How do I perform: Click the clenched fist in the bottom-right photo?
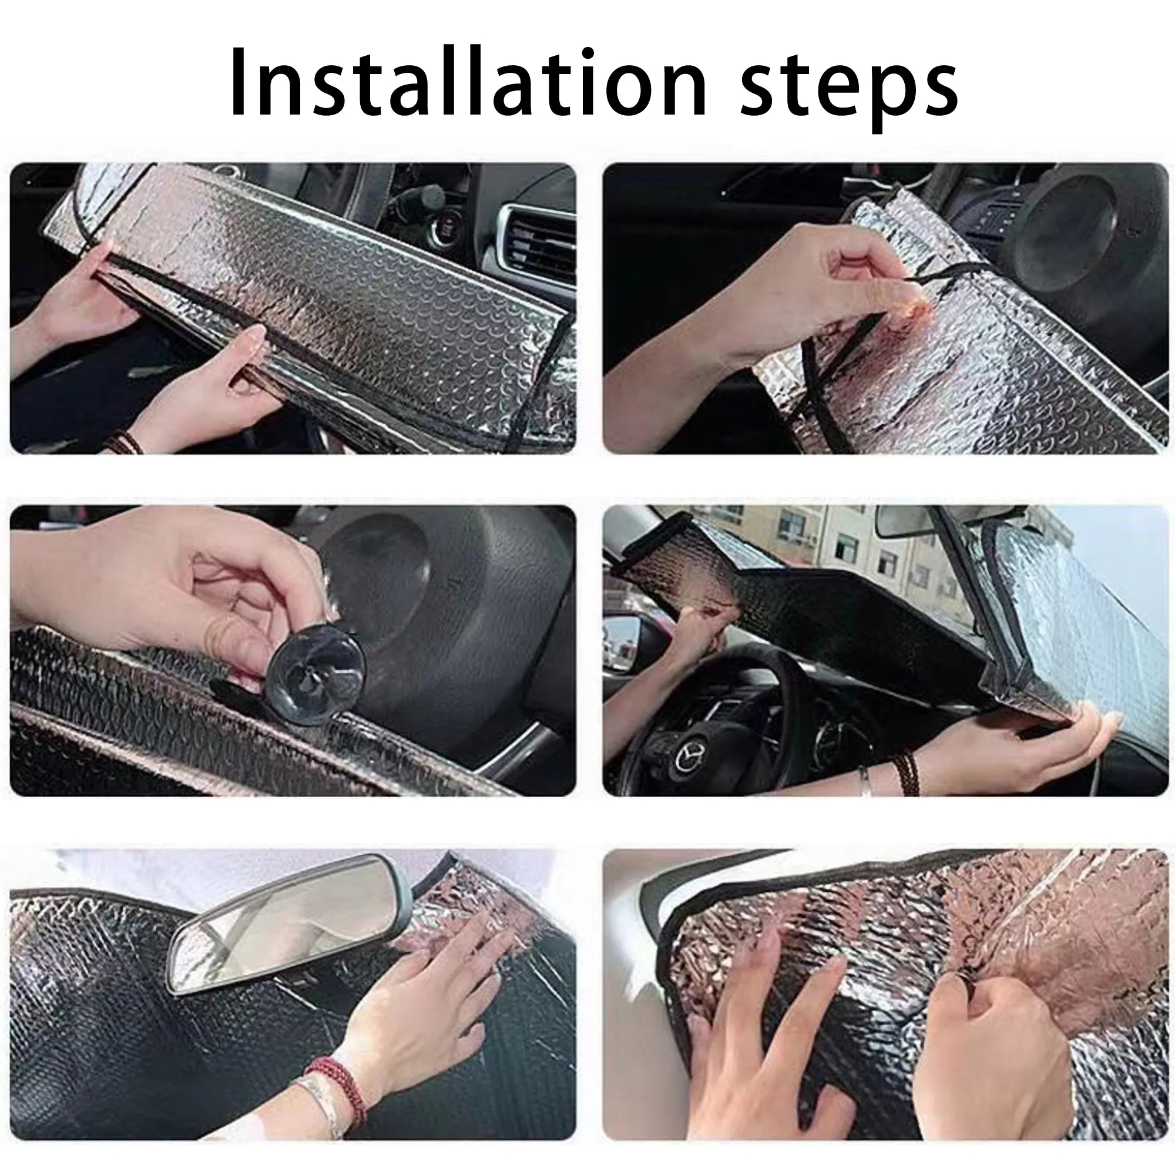point(998,1058)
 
